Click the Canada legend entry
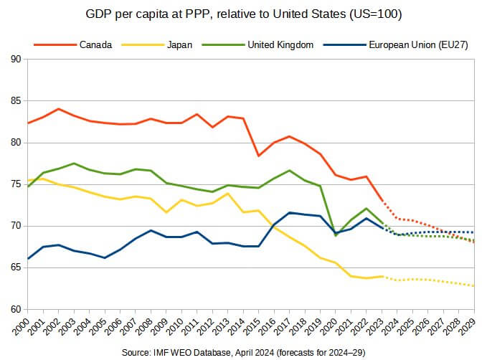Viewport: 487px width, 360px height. click(95, 44)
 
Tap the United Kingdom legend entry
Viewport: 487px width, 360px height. click(280, 44)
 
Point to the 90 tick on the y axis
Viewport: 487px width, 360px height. click(16, 60)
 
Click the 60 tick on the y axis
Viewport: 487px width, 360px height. click(16, 310)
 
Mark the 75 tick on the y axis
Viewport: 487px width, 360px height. click(16, 184)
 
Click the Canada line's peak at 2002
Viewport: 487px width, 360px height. click(59, 109)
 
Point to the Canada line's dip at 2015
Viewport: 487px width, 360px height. click(259, 156)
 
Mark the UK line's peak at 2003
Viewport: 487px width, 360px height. click(74, 164)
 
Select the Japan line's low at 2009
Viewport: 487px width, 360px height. click(166, 212)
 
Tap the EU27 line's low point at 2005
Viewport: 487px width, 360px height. click(105, 257)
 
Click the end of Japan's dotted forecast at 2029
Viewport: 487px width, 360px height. click(474, 286)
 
